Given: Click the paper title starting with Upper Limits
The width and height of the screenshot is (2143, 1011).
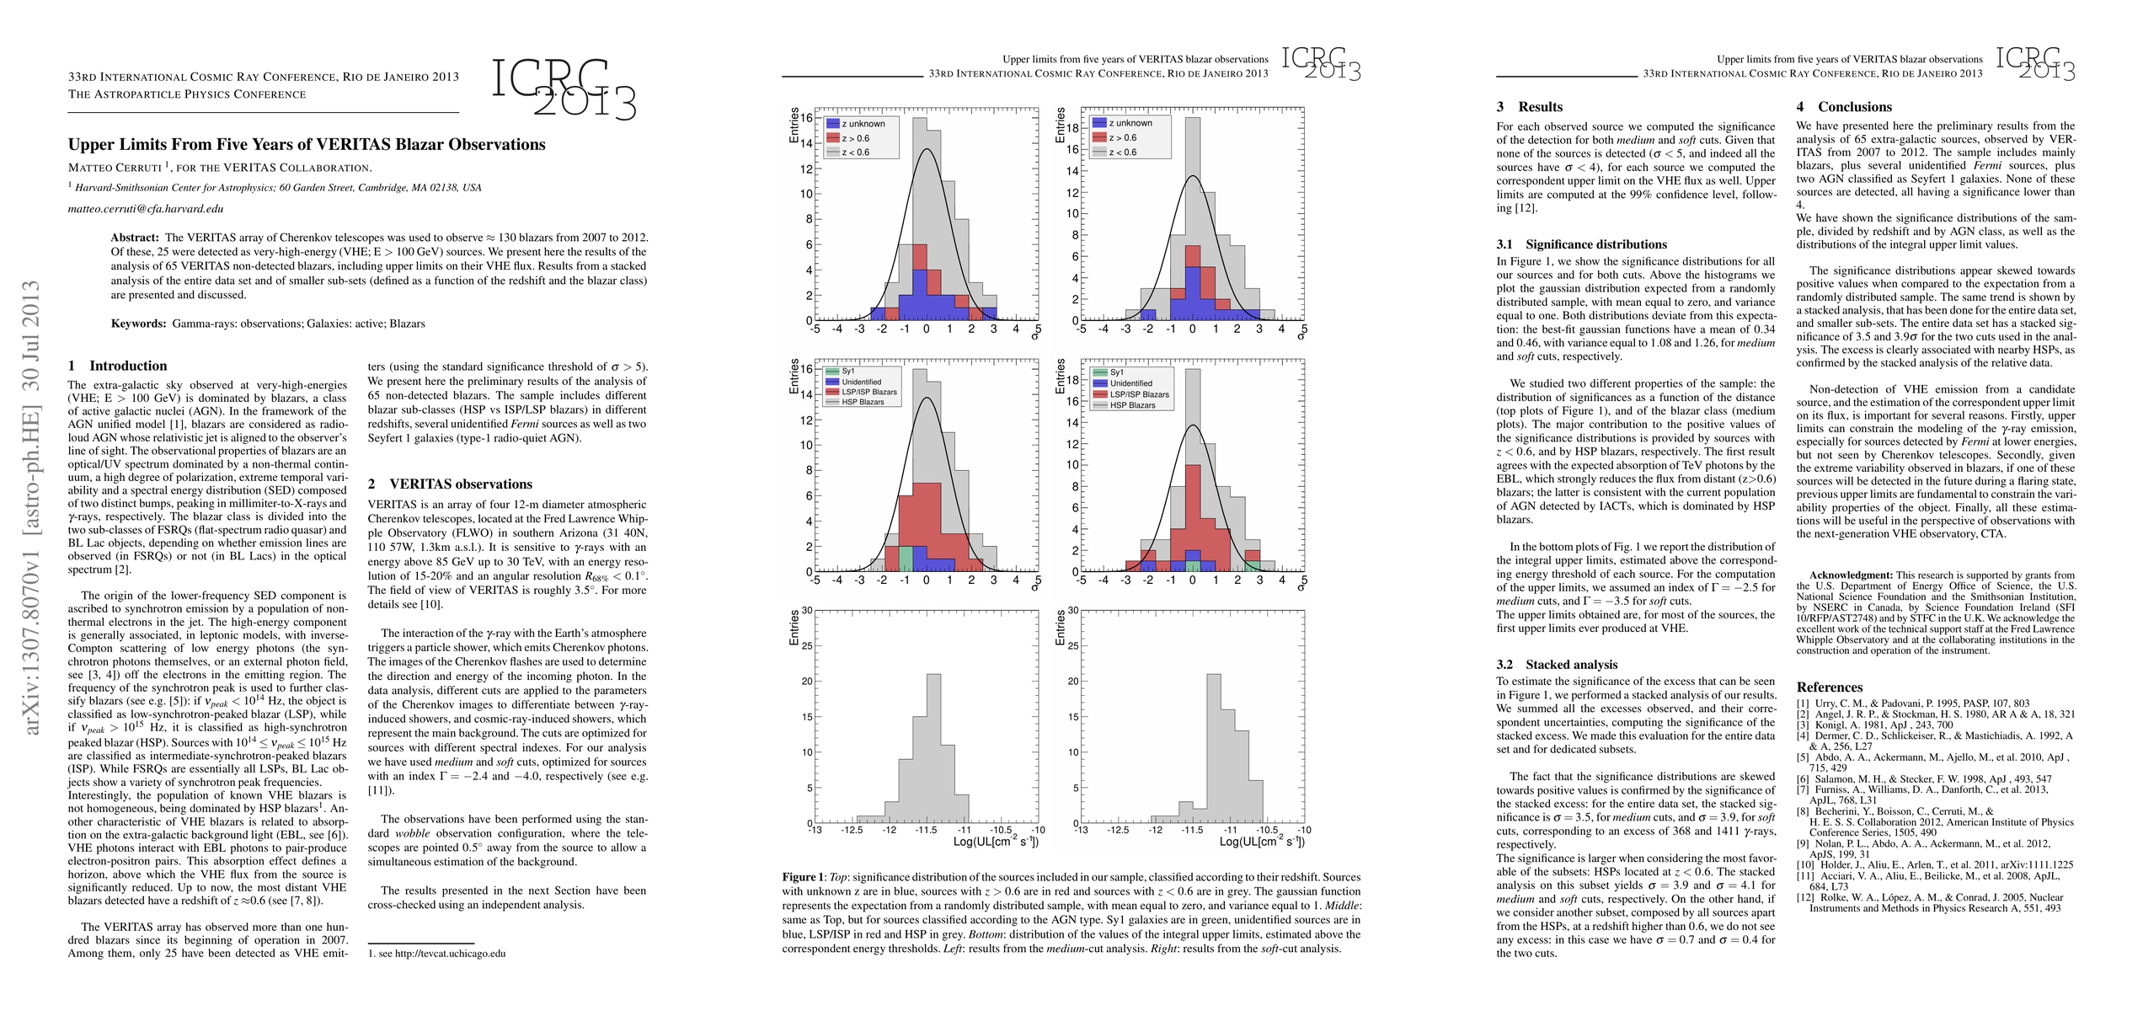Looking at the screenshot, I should tap(307, 144).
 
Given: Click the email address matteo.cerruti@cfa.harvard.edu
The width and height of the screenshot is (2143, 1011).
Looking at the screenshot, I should tap(146, 209).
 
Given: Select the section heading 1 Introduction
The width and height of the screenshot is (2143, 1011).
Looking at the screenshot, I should tap(118, 366).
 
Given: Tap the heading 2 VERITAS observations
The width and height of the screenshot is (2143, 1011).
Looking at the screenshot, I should tap(450, 484).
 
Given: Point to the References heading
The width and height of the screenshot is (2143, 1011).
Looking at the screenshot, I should tap(1829, 687).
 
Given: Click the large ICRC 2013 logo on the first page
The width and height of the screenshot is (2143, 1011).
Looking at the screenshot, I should tap(563, 88).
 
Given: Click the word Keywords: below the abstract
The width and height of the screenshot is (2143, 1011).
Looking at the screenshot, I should tap(139, 324).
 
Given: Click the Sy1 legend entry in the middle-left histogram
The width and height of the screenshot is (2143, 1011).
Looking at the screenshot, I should tap(847, 372).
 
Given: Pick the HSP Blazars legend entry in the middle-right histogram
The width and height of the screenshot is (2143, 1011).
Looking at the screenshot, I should tap(1131, 405).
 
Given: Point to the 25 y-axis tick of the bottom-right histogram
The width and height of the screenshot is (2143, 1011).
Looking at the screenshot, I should tap(1072, 646).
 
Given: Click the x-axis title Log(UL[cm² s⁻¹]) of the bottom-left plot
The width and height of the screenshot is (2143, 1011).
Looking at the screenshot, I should tap(995, 842).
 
